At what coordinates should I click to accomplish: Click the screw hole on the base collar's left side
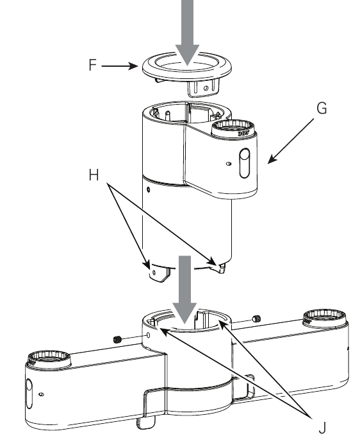(x=149, y=336)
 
